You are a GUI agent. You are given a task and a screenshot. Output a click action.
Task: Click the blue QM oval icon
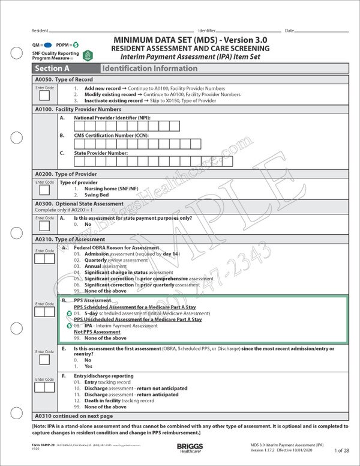[47, 45]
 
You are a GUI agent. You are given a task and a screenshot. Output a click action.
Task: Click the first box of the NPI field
[79, 126]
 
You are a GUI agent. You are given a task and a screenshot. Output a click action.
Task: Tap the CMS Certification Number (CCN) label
[112, 135]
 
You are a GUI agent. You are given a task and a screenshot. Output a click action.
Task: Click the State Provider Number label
[101, 153]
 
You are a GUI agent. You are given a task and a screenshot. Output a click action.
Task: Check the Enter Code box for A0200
[44, 190]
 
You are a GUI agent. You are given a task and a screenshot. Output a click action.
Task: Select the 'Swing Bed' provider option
[95, 195]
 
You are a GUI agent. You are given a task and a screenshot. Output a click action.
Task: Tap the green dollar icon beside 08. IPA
[69, 325]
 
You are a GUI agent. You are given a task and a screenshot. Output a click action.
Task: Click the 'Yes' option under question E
[88, 366]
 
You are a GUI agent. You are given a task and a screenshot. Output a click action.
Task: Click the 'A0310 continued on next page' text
[74, 416]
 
